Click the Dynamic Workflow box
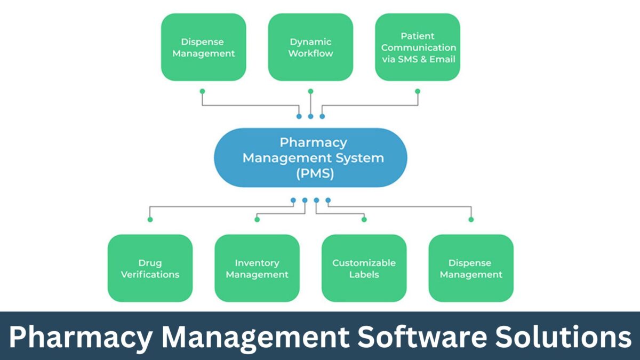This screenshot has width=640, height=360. click(x=310, y=47)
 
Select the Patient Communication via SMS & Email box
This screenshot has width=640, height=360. click(x=418, y=47)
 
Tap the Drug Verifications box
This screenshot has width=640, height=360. click(x=150, y=268)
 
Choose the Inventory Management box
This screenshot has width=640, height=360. click(x=257, y=268)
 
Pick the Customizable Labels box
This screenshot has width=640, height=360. click(x=364, y=268)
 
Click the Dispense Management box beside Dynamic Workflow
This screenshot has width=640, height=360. click(x=203, y=47)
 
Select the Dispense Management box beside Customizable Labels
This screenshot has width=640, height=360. click(x=471, y=268)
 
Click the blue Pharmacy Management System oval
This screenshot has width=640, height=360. click(x=310, y=157)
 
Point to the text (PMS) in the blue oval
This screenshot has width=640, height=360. click(x=310, y=174)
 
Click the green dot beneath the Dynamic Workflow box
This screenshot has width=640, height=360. click(x=310, y=91)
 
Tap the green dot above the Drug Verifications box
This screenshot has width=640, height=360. click(x=150, y=219)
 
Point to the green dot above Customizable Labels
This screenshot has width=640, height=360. click(x=364, y=219)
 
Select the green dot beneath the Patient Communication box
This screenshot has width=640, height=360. click(x=418, y=91)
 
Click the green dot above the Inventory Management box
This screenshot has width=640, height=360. click(x=257, y=219)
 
